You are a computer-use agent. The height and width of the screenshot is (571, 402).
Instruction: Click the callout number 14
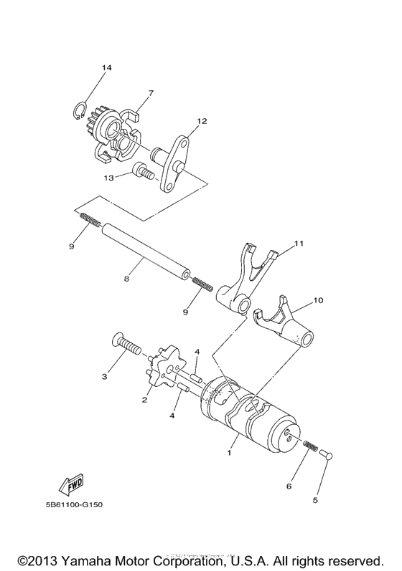click(106, 68)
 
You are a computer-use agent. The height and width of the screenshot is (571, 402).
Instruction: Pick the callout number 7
click(151, 92)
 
